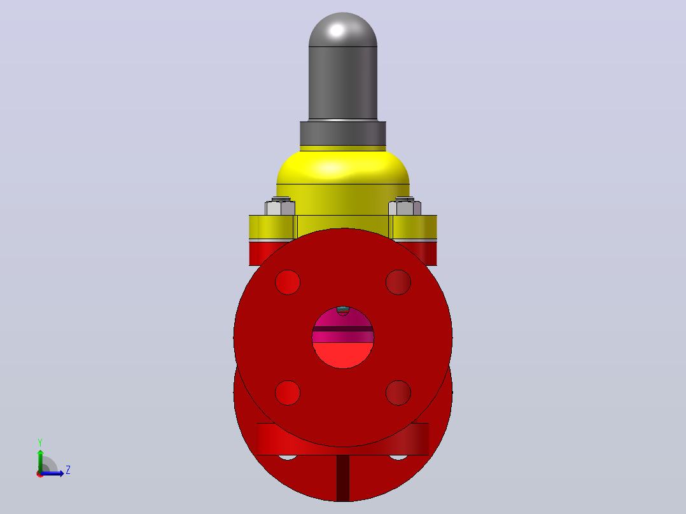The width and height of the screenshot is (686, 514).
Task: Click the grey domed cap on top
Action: pos(343,66)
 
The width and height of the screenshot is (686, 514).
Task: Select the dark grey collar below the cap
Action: pos(343,134)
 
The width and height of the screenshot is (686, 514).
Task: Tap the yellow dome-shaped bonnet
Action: pos(343,179)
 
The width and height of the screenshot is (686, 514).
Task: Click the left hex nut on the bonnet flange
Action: pos(280,207)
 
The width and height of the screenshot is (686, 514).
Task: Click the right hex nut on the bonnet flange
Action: pos(405,207)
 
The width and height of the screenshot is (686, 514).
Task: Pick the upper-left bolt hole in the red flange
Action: pos(288,282)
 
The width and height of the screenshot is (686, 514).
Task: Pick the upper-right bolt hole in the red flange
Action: pos(398,282)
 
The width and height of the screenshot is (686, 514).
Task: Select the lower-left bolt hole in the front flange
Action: pos(288,393)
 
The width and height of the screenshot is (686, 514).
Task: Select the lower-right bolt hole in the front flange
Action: pos(398,393)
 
